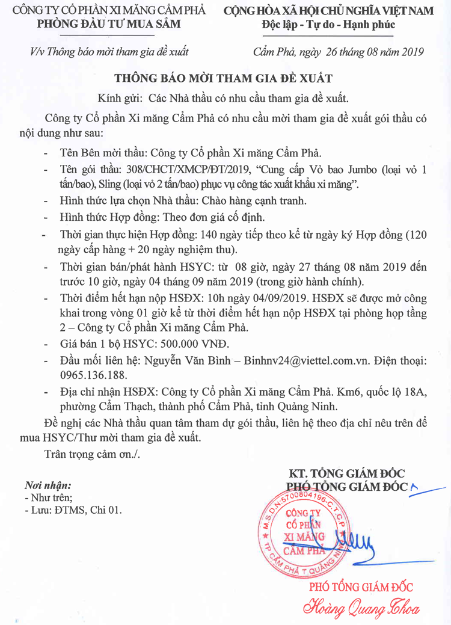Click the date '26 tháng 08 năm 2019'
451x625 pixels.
tap(374, 52)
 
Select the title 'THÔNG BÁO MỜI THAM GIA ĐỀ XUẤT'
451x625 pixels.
tap(224, 79)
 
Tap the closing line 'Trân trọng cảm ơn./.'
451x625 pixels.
tap(92, 452)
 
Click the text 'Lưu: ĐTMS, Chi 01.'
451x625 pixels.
tap(76, 510)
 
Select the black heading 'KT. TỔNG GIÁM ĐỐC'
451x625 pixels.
tap(347, 473)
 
